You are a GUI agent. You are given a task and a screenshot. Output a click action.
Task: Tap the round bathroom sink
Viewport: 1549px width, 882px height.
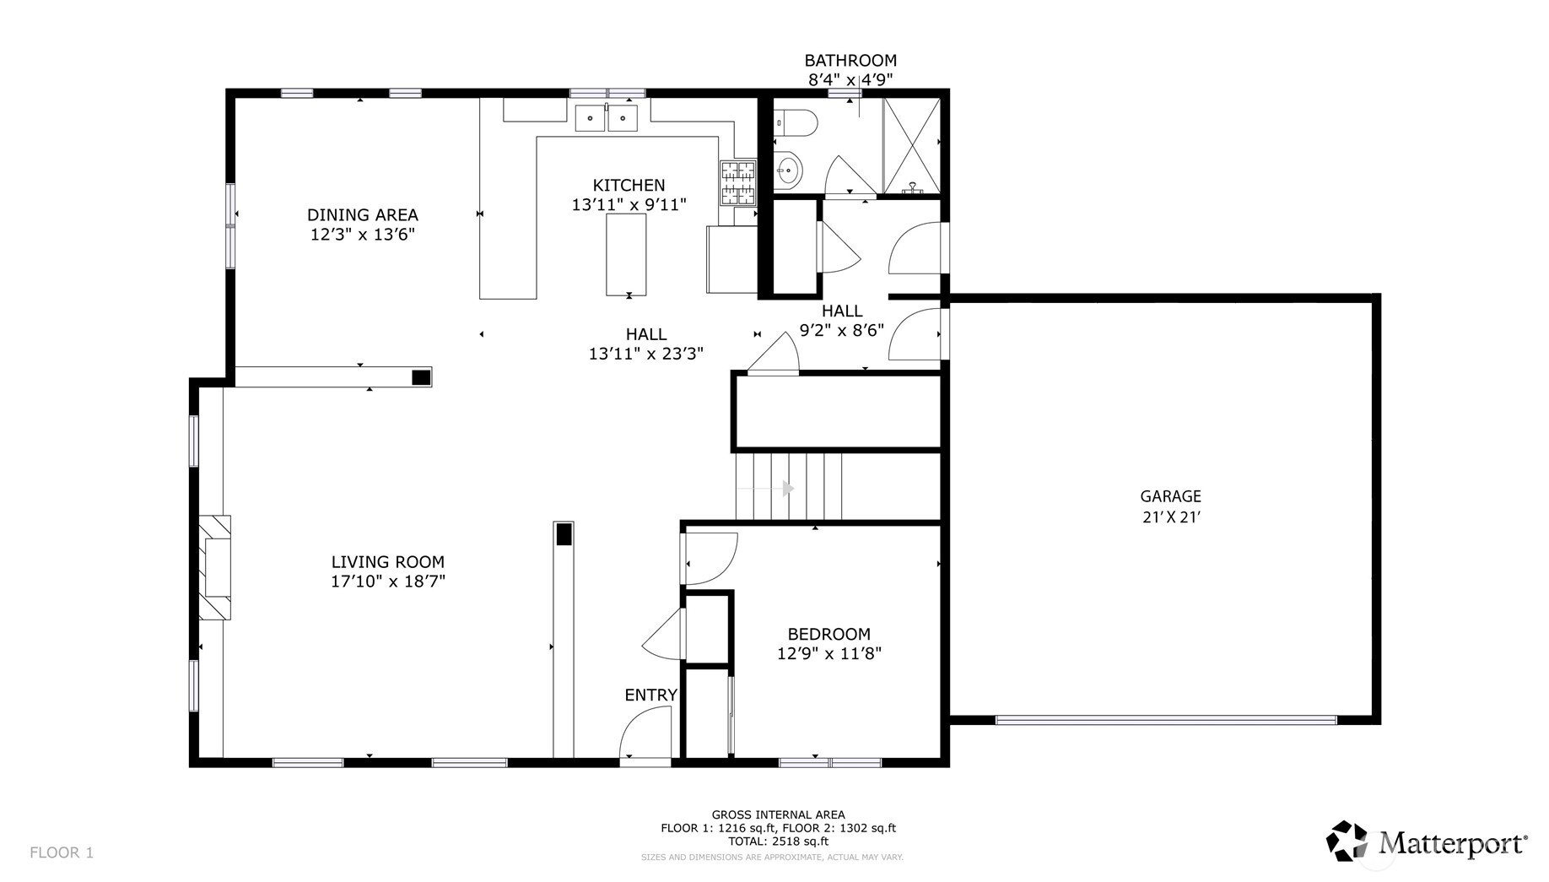[788, 171]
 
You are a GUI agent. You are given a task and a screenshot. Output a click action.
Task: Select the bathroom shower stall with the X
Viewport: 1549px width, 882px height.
[911, 145]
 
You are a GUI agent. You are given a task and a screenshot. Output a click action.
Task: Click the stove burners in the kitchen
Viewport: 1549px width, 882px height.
[737, 183]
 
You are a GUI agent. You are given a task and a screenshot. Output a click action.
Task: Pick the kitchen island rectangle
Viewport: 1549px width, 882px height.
[626, 254]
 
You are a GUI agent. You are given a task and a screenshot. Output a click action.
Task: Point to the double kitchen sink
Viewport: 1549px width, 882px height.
[606, 118]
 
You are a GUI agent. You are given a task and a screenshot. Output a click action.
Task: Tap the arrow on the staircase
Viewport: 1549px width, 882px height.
[787, 488]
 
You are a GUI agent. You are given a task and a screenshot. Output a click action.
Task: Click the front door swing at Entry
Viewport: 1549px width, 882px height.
[646, 733]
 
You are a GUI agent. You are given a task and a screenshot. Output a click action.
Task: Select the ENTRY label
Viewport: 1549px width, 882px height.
[650, 695]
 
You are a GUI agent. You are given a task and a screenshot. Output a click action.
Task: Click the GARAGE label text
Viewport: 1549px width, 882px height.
[1170, 496]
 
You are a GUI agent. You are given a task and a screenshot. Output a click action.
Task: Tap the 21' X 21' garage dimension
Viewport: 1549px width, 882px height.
[1170, 517]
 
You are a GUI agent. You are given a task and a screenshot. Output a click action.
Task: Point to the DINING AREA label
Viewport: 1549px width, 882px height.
[362, 214]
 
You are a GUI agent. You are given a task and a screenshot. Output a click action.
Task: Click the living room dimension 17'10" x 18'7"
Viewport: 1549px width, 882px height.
[387, 581]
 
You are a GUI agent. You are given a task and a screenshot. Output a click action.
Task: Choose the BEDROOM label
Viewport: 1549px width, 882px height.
[828, 634]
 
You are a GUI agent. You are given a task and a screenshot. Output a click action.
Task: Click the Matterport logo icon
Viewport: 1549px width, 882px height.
[1347, 841]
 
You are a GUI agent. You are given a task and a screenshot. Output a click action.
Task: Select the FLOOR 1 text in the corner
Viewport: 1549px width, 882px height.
[62, 852]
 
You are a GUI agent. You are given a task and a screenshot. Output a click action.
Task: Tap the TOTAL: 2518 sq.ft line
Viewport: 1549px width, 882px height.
[778, 841]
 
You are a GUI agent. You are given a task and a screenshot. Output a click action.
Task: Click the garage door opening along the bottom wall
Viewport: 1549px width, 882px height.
[1166, 720]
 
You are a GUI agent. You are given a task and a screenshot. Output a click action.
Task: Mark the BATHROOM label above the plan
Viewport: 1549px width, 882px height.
[850, 60]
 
